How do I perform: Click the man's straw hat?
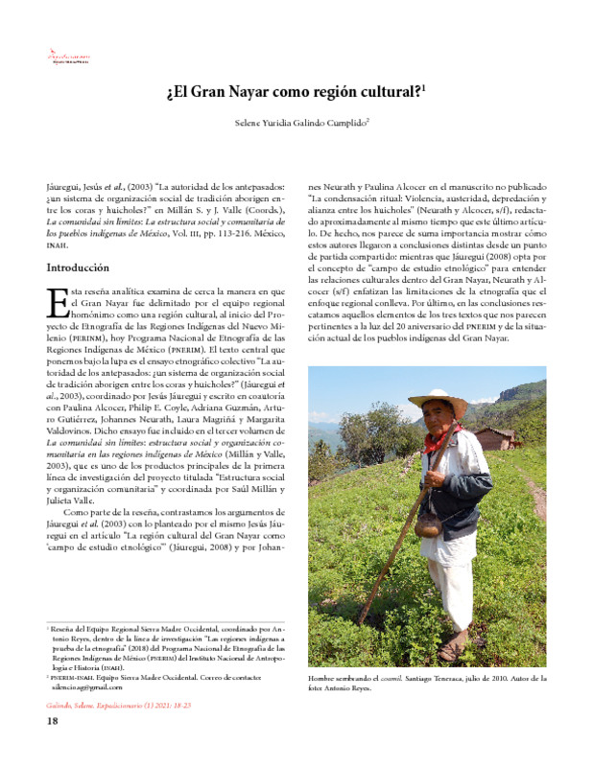pyautogui.click(x=438, y=402)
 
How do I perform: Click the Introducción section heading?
pyautogui.click(x=78, y=267)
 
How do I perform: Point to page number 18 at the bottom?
pyautogui.click(x=54, y=722)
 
